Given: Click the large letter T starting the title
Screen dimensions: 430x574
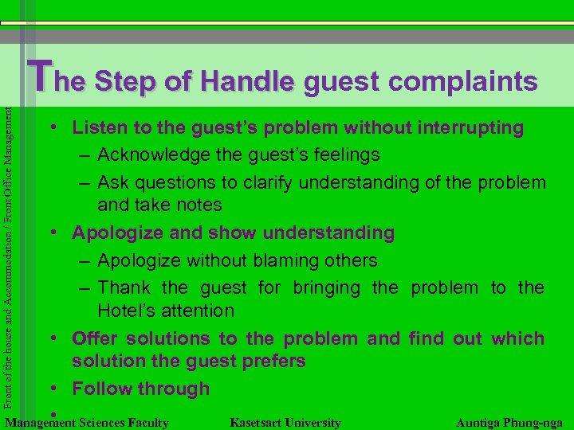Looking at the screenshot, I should click(x=40, y=76).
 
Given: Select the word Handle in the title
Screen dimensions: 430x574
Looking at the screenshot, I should click(x=248, y=81).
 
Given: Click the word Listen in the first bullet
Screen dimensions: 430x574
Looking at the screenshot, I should click(x=98, y=127).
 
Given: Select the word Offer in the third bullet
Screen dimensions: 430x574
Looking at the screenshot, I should click(x=95, y=338).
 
